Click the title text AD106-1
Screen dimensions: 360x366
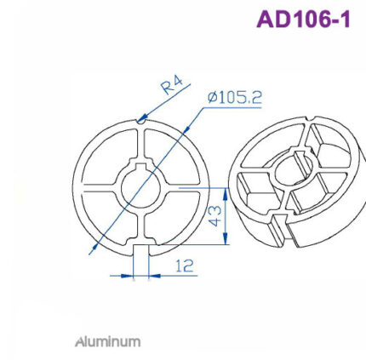(x=303, y=20)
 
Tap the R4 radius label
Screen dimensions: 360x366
(x=173, y=84)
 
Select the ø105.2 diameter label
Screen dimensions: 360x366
(x=234, y=98)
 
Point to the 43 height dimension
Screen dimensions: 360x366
(x=216, y=216)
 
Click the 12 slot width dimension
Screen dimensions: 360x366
(x=183, y=266)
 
